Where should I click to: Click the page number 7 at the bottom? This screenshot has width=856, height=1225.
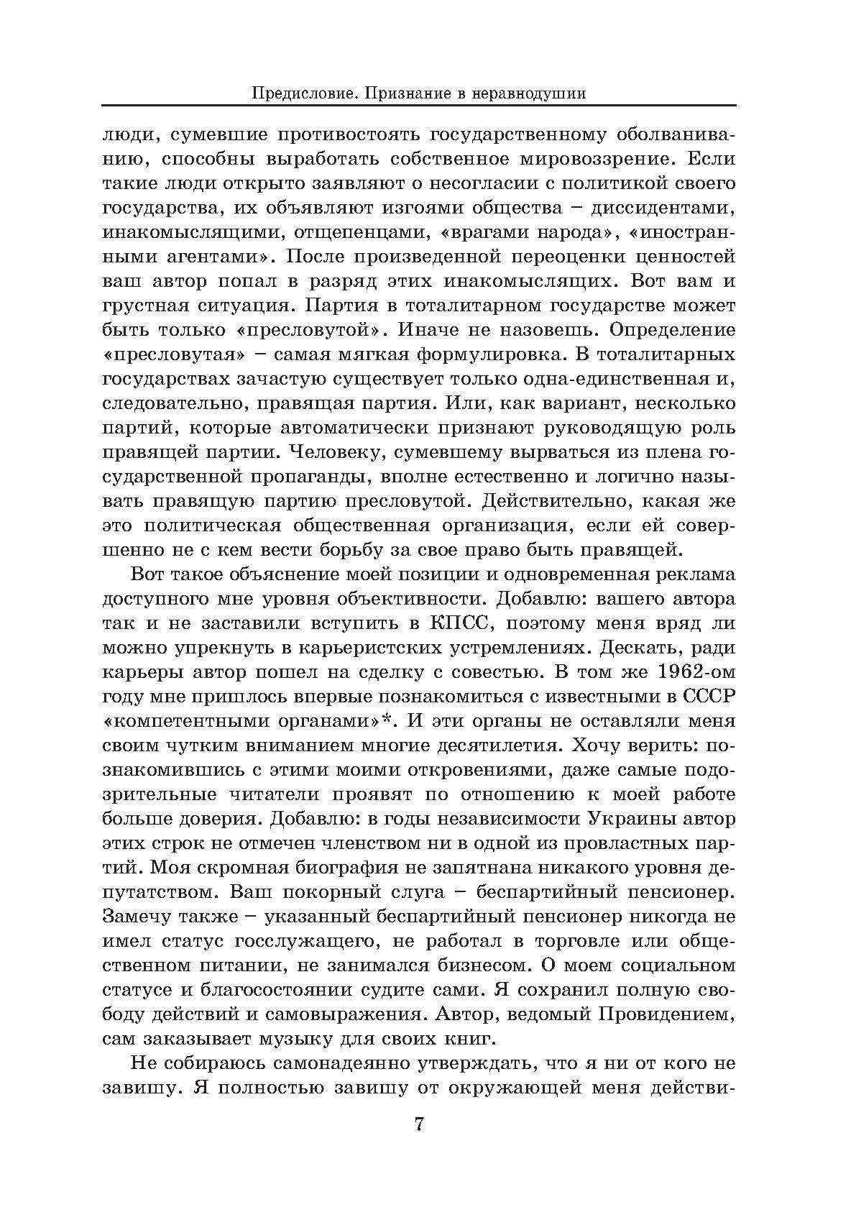pyautogui.click(x=420, y=1124)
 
